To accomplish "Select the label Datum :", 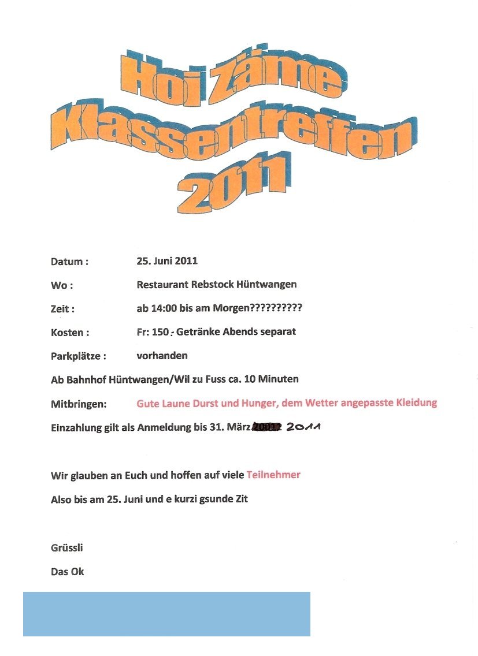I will coord(69,262).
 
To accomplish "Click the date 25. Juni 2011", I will coord(167,260).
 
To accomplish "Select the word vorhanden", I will coord(162,356).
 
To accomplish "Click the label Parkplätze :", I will coord(78,356).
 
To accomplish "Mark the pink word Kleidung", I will coord(414,402).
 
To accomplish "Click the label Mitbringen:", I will coord(79,404).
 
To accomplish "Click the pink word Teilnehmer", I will coord(273,475).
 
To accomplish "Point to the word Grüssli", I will coord(67,547).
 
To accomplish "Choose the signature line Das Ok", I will coord(67,571).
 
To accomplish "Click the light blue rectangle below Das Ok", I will coord(166,614).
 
